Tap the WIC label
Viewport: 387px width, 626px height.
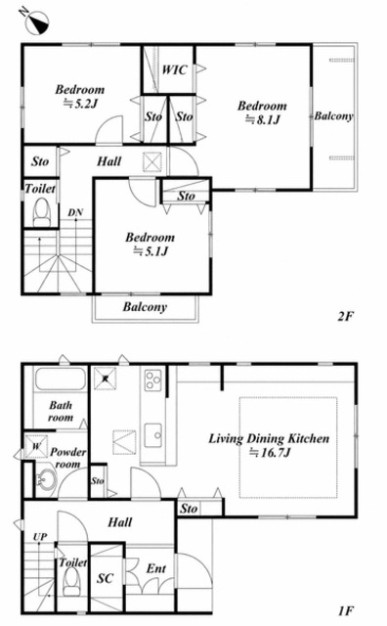[x=174, y=69]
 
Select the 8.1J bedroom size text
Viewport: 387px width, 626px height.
[x=263, y=119]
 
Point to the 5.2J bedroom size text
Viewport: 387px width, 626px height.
[x=81, y=104]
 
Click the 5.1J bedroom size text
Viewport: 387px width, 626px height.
[x=150, y=251]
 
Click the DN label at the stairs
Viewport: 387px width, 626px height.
[x=75, y=212]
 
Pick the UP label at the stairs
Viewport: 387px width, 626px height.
[x=40, y=537]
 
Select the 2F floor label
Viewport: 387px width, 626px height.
[x=346, y=316]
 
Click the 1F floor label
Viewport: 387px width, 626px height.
[x=346, y=610]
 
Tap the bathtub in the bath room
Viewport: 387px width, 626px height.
[x=61, y=379]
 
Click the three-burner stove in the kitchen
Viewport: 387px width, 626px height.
[x=153, y=380]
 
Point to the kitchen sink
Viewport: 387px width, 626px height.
[x=153, y=435]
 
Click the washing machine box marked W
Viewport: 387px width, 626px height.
[x=36, y=446]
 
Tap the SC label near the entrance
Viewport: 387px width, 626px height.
[x=105, y=578]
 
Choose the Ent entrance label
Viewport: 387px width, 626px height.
[x=156, y=568]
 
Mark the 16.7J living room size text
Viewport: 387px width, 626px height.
[x=270, y=452]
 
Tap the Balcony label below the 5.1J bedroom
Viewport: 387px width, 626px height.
[x=145, y=306]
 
